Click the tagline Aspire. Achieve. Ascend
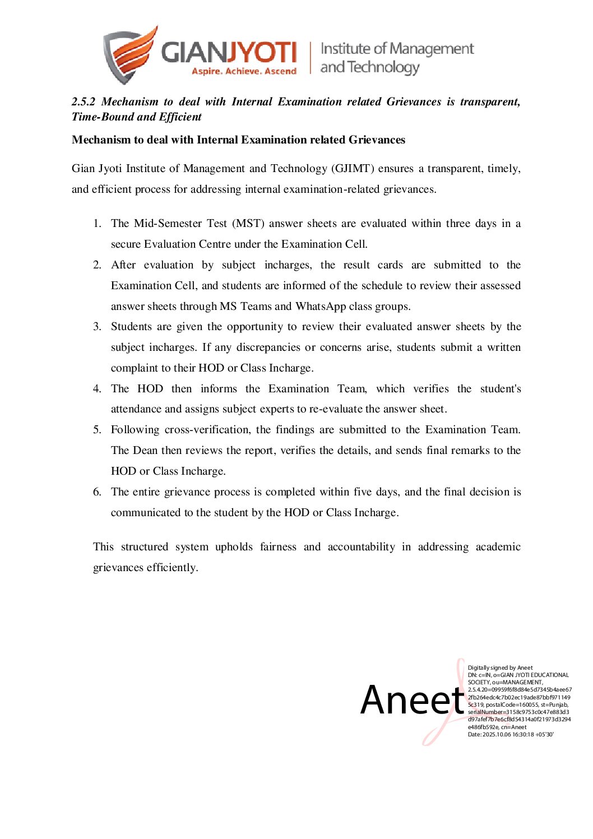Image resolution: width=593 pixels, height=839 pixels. (244, 71)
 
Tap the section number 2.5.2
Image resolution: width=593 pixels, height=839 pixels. (84, 101)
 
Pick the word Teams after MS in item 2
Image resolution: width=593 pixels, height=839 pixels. (256, 306)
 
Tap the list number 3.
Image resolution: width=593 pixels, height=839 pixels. (97, 327)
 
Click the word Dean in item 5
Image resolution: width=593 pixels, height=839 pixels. (146, 450)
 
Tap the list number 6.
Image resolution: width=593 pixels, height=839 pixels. (97, 492)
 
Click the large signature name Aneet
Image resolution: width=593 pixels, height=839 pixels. (412, 700)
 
